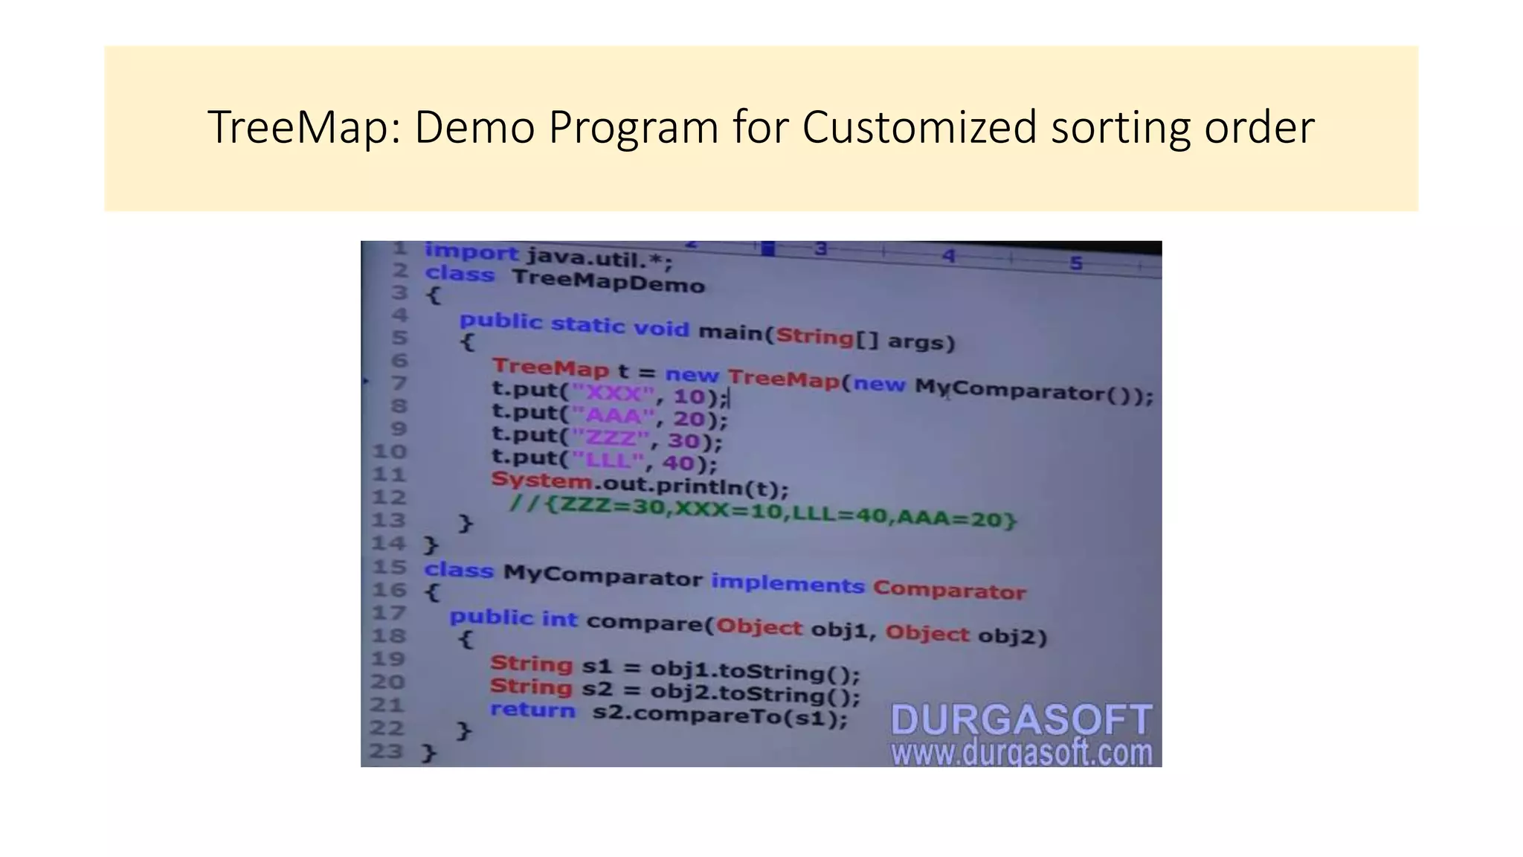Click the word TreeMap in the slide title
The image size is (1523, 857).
[x=303, y=127]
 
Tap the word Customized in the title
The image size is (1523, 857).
[x=919, y=127]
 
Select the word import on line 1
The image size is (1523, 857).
[x=471, y=253]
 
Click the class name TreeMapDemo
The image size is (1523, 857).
[x=608, y=281]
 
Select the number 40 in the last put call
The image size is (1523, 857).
[x=677, y=463]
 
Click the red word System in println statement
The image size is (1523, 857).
[x=541, y=480]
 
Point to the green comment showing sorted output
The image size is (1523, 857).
[x=762, y=512]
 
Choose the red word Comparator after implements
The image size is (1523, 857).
[x=949, y=591]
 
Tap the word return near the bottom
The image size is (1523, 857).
[x=532, y=710]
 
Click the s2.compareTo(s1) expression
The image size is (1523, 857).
[x=719, y=716]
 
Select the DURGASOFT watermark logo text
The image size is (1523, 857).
[x=1021, y=719]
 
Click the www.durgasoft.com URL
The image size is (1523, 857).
[x=1021, y=752]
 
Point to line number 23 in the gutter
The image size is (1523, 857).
[x=386, y=751]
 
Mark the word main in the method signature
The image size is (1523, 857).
[x=731, y=331]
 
